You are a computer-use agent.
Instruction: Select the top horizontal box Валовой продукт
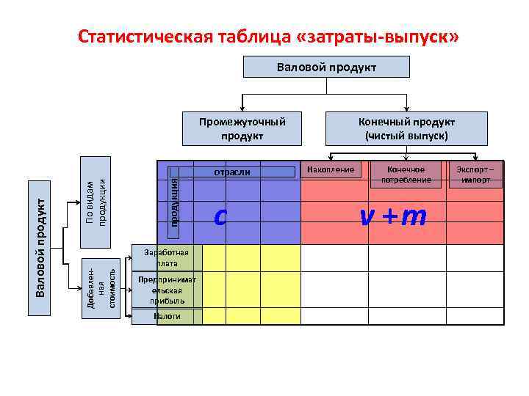point(326,67)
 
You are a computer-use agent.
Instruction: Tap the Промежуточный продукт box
point(242,128)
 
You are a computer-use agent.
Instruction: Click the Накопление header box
point(330,169)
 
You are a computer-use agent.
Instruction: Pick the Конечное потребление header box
point(400,174)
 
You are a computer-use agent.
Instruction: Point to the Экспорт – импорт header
point(475,174)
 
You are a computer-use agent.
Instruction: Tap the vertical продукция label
point(174,202)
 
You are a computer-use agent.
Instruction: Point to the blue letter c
point(219,216)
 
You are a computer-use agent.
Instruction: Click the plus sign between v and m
point(388,216)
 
